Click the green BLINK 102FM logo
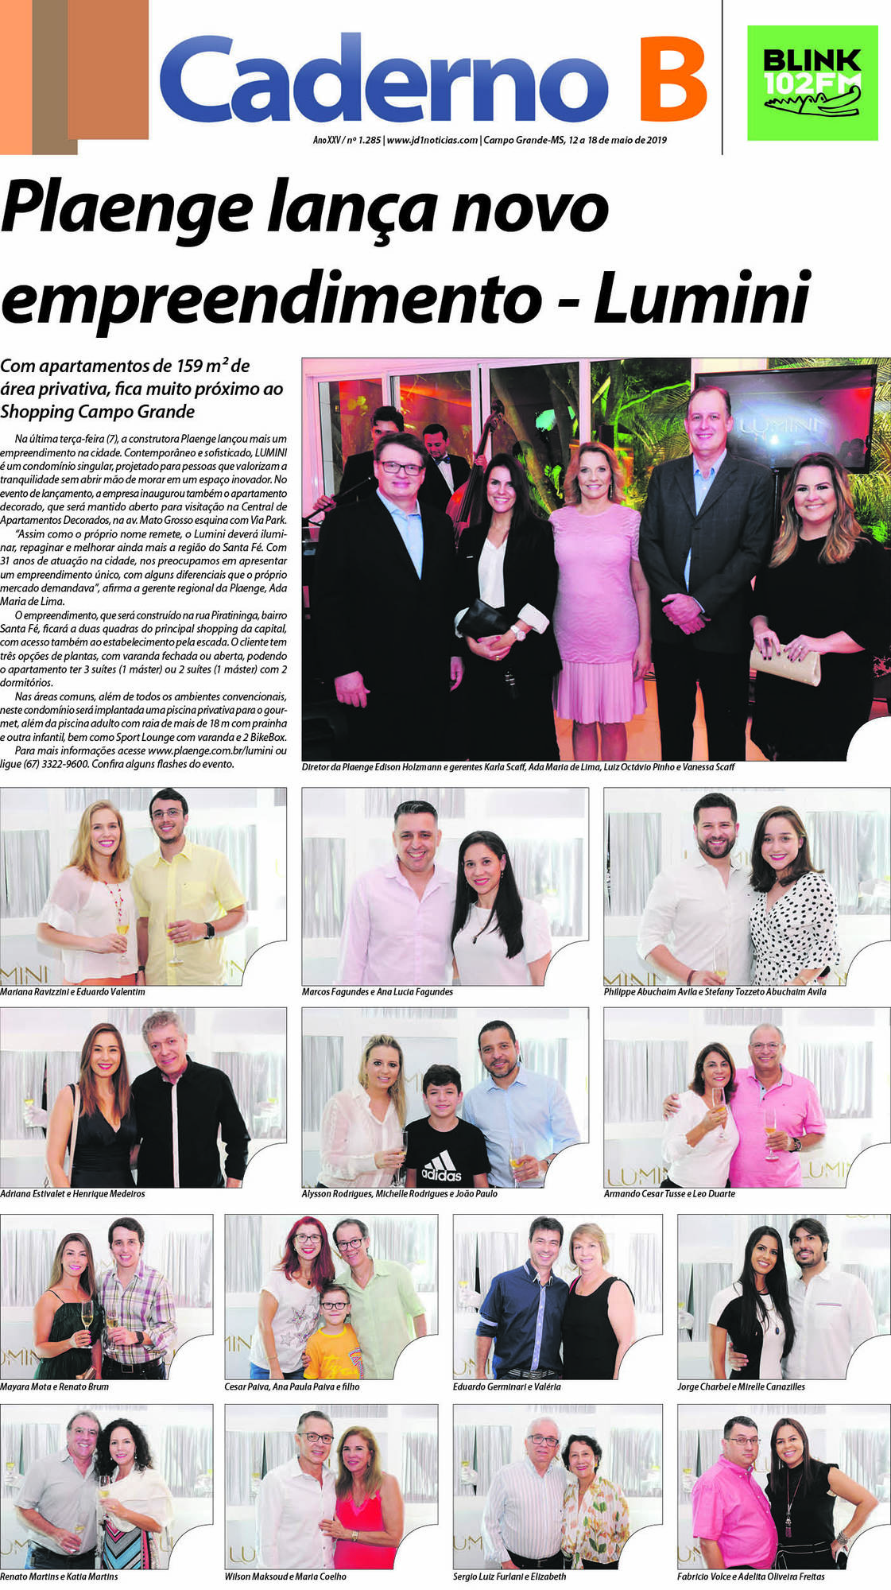click(812, 83)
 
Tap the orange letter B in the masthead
click(672, 79)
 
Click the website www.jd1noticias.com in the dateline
click(432, 140)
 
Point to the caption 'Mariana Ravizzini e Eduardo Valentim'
click(72, 991)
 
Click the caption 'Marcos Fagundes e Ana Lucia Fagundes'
click(378, 991)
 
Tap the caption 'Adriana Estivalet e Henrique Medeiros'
click(72, 1193)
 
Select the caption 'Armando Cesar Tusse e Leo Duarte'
click(669, 1193)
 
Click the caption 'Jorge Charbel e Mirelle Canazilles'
click(741, 1386)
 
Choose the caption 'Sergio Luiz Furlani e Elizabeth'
click(509, 1576)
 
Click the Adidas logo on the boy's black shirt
click(441, 1173)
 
